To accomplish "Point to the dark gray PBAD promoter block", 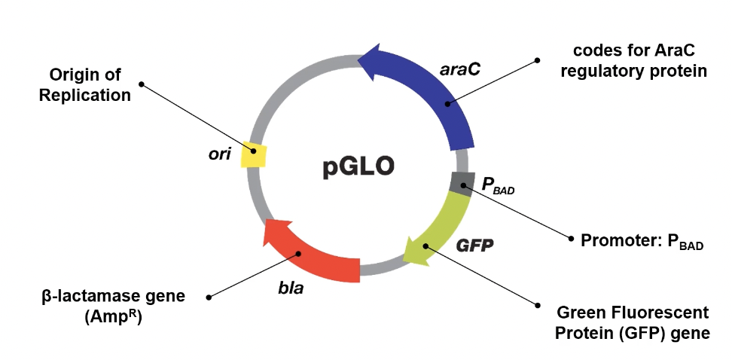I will [462, 183].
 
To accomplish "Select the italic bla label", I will [290, 288].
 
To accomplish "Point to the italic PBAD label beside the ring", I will [497, 186].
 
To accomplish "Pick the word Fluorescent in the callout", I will [663, 313].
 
